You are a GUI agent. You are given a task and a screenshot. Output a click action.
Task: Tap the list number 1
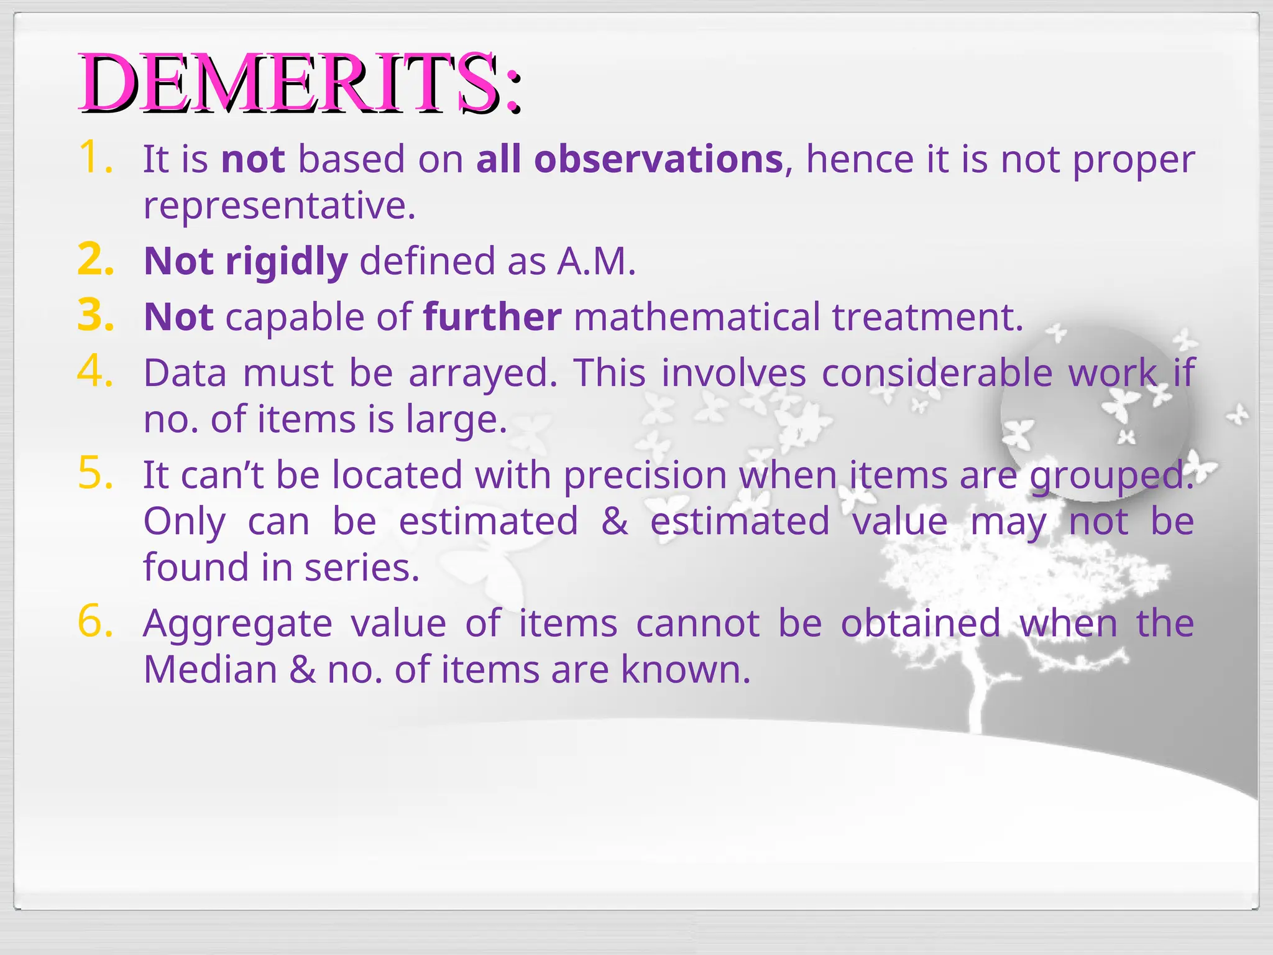95,157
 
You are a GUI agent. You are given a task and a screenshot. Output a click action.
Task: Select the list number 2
95,259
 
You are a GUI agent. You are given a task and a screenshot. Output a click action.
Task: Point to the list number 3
95,315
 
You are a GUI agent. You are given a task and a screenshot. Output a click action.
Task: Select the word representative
278,205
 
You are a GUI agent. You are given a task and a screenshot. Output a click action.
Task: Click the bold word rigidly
286,261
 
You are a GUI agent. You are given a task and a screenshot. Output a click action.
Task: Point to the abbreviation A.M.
596,261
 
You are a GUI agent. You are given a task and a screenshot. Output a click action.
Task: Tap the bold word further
492,317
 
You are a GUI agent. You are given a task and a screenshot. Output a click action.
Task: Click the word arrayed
483,373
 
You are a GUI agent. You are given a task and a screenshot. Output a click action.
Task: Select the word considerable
937,373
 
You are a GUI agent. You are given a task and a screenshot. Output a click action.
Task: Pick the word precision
645,475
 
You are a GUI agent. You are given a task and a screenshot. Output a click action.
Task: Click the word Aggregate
237,624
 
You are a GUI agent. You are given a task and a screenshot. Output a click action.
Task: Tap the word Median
210,670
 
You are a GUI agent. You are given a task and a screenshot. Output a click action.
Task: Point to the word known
686,670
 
